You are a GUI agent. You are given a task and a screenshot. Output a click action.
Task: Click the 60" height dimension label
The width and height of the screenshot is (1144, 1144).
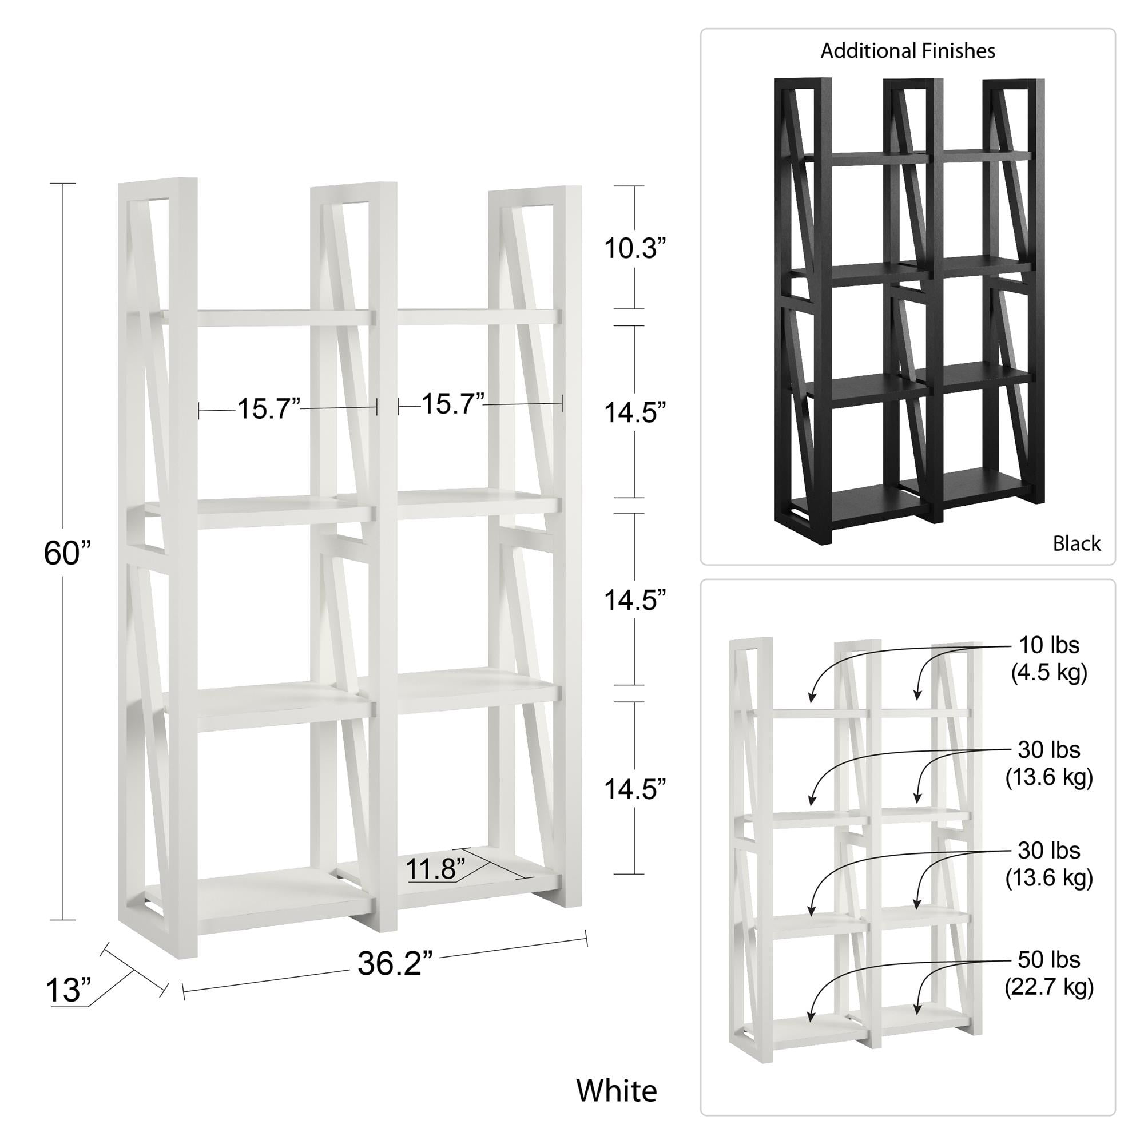click(x=68, y=553)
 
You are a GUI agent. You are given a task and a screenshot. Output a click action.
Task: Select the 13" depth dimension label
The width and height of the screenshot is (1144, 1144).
click(x=68, y=1007)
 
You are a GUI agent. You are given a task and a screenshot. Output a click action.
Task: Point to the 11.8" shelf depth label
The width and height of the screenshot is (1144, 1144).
click(x=436, y=869)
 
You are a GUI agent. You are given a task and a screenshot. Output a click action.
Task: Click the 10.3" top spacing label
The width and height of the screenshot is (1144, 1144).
click(x=635, y=248)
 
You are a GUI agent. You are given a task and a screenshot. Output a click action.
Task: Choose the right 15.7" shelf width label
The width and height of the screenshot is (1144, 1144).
click(x=453, y=403)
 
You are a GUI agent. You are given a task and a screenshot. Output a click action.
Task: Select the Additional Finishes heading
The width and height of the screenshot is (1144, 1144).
click(x=908, y=51)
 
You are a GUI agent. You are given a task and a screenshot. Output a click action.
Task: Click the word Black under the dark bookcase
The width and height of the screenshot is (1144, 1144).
click(x=1077, y=543)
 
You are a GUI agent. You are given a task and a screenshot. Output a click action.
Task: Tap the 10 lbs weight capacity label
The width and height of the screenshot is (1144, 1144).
click(x=1049, y=645)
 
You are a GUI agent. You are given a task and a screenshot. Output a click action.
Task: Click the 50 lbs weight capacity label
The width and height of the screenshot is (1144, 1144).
click(x=1049, y=959)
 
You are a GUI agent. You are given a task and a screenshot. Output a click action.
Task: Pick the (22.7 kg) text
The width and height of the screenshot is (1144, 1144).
click(x=1049, y=987)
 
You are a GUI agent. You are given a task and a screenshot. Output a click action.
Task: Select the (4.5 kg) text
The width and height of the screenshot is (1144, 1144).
click(x=1049, y=673)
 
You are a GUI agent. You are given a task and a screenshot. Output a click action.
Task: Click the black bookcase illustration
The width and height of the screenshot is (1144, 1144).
click(x=909, y=311)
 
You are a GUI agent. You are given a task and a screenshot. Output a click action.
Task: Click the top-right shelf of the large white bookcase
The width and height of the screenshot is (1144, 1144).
click(x=478, y=317)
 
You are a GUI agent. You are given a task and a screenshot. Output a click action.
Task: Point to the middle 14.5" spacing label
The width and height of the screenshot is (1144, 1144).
click(x=635, y=601)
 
